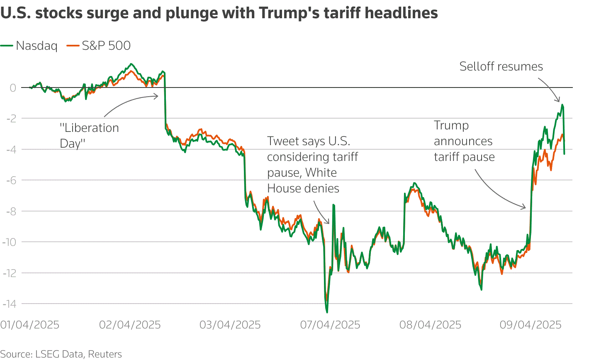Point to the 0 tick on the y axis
pos(13,88)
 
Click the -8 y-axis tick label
pos(11,211)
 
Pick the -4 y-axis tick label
pos(11,149)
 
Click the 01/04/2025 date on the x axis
pos(30,325)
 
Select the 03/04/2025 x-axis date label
pos(230,325)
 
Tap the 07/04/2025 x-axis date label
pos(331,325)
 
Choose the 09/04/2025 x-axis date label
pos(531,325)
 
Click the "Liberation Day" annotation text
pos(89,136)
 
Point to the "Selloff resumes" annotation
pos(501,67)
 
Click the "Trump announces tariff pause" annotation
pos(464,141)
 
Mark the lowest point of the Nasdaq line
pos(327,312)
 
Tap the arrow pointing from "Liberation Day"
pos(129,102)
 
